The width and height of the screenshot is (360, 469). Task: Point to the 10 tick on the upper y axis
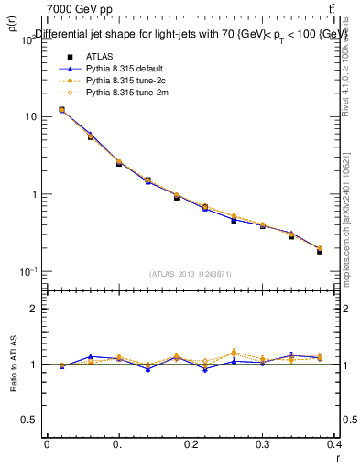[30, 117]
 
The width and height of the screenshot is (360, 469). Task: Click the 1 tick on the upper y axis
[33, 194]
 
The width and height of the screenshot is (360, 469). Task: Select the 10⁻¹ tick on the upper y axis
[27, 272]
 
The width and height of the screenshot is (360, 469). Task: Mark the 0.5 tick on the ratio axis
[29, 420]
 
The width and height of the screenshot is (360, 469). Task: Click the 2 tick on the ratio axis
[33, 309]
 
